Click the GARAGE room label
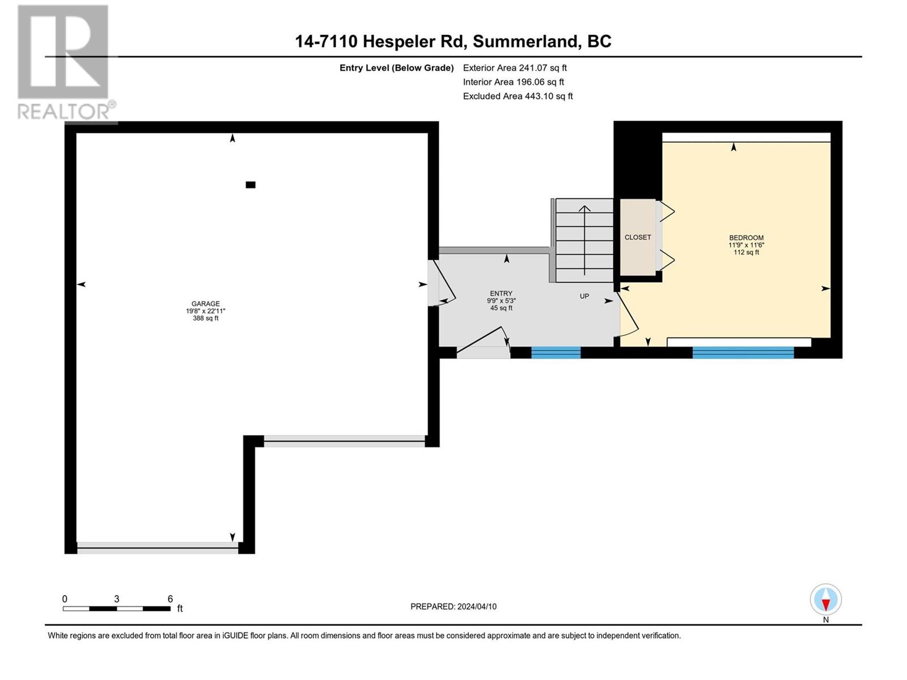(x=205, y=304)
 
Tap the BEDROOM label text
(x=746, y=238)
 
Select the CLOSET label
(x=638, y=237)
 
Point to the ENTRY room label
(x=501, y=294)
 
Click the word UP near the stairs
(x=584, y=296)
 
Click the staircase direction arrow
(x=584, y=240)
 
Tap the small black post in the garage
(x=251, y=185)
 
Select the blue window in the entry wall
(x=556, y=352)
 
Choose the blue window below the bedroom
(x=743, y=352)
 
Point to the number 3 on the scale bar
(x=117, y=598)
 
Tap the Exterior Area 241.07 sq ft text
(x=515, y=67)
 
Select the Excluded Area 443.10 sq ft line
(x=518, y=96)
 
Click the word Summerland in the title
(x=525, y=42)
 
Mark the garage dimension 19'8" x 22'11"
(x=205, y=311)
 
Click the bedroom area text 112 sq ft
(x=746, y=252)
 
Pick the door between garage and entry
(x=441, y=283)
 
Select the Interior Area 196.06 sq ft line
(x=513, y=82)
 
